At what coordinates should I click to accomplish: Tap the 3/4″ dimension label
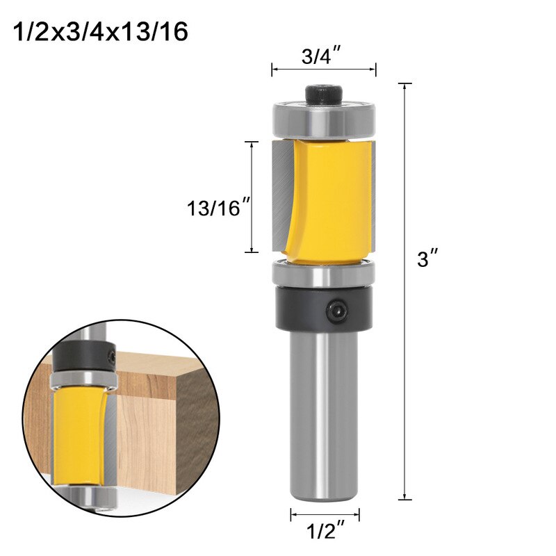point(323,56)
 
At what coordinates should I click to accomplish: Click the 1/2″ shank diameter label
point(325,534)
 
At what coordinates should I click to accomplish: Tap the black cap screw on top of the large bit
point(324,93)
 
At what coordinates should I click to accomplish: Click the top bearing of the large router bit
point(324,120)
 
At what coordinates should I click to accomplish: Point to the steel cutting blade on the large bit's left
point(281,195)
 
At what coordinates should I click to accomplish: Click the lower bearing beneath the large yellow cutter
point(324,273)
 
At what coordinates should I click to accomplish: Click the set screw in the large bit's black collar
point(338,309)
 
